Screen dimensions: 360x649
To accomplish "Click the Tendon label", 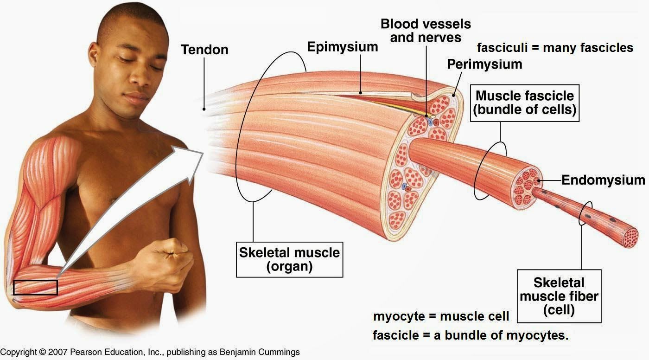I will pos(204,49).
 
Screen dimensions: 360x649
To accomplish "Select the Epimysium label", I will pos(343,47).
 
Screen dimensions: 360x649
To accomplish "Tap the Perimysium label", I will pos(484,64).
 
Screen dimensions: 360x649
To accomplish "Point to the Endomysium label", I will pos(603,180).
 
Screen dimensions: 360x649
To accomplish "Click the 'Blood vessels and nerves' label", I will pos(426,30).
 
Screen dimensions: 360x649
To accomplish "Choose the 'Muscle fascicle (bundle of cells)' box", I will pos(525,103).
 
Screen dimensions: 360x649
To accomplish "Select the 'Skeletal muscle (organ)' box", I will pos(289,259).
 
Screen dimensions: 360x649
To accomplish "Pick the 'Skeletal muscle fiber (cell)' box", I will pos(559,296).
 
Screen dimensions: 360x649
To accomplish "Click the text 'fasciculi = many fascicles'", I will pos(555,47).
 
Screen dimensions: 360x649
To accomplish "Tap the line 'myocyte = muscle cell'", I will pos(441,316).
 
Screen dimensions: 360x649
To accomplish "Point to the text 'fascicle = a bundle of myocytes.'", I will pos(471,335).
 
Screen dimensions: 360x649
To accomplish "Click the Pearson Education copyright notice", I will pos(150,352).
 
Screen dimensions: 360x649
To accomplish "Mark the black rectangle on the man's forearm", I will pos(35,288).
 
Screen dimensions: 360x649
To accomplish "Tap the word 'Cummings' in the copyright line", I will pos(278,352).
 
